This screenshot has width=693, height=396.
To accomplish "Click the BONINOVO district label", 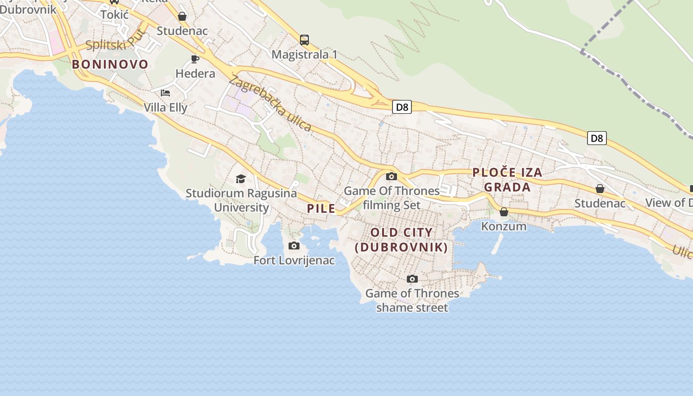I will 110,64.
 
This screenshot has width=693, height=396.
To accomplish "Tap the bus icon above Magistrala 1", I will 304,40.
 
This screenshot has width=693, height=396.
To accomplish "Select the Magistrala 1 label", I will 304,54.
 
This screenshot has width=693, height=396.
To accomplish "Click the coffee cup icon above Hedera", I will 195,59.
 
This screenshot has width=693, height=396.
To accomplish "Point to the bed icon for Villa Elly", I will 165,93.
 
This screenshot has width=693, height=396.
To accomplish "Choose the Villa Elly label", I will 165,107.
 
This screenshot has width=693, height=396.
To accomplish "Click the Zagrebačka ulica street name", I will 270,104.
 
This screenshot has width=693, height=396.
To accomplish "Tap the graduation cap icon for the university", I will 241,179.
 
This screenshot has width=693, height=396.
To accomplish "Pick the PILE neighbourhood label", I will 321,208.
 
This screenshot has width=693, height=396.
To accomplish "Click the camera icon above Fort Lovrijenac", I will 294,246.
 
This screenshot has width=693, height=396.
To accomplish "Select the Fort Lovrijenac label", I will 294,260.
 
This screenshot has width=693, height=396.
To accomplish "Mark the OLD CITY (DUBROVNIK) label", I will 401,240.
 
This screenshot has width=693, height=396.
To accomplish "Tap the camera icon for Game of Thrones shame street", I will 412,279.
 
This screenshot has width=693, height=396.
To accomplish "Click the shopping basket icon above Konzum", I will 504,212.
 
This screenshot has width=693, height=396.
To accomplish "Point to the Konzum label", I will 504,226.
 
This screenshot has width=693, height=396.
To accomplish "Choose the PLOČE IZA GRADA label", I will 507,180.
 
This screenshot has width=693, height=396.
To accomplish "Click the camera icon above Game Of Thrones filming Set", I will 392,176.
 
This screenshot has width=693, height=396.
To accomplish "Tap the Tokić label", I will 114,14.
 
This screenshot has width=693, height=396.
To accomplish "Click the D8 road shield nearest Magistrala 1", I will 402,107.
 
